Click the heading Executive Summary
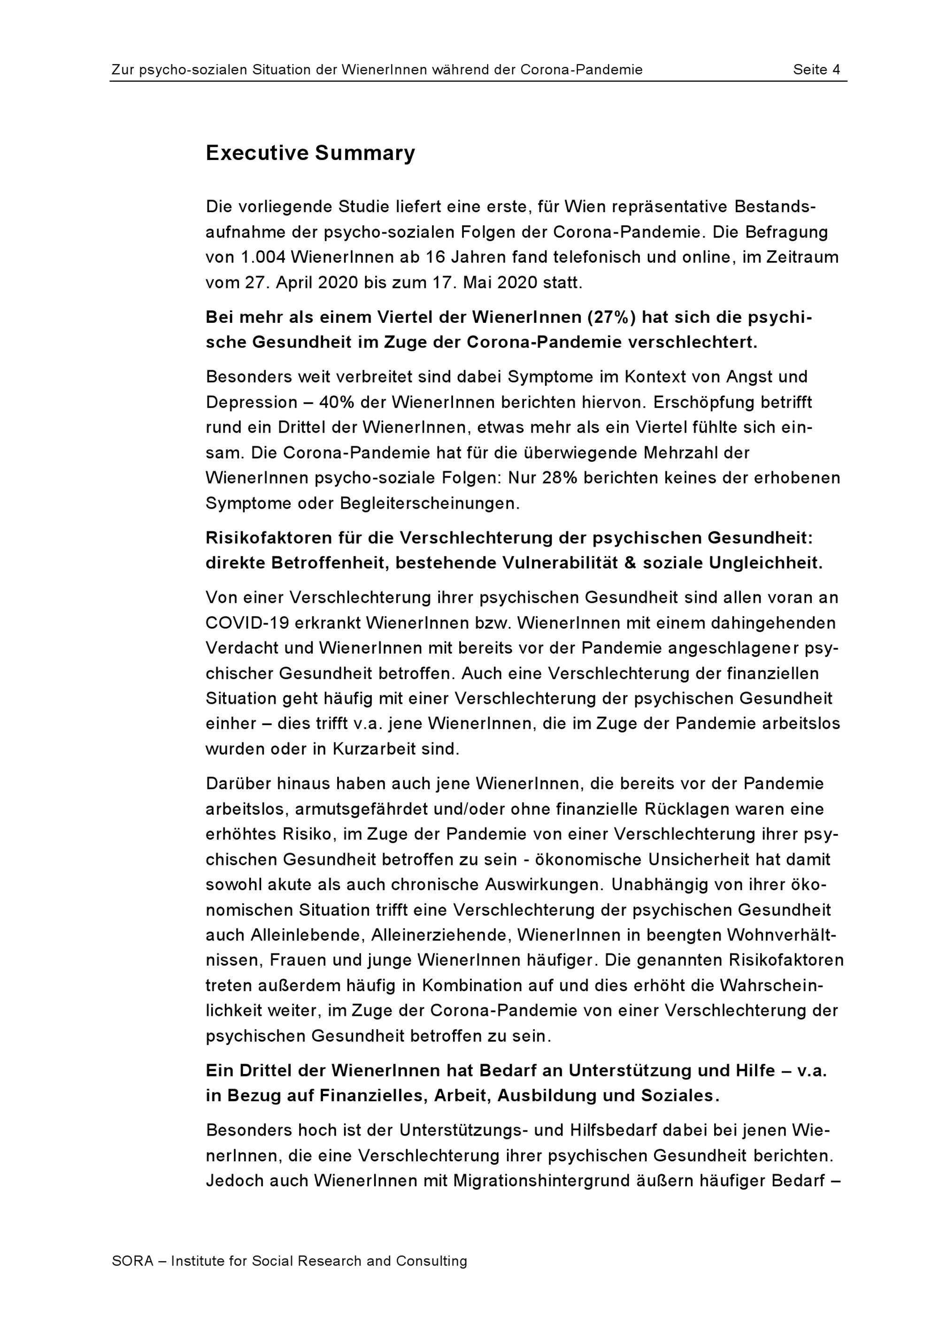click(310, 153)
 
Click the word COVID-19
click(247, 623)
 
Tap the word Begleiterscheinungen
click(430, 503)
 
